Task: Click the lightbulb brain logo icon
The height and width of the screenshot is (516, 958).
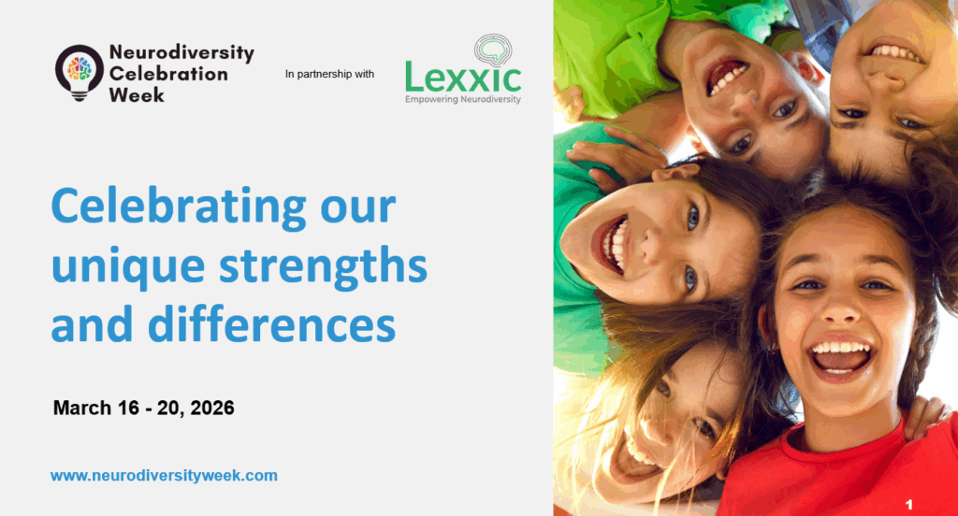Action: pos(80,72)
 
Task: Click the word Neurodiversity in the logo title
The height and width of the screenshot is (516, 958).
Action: pos(181,53)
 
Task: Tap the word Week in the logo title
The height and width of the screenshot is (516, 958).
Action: pos(137,94)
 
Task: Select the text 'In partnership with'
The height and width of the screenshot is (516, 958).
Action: pos(329,74)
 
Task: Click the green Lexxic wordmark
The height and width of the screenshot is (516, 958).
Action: pos(463,77)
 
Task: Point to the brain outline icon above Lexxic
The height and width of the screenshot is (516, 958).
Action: pos(493,50)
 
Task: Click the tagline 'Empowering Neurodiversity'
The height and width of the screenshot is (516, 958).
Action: pos(463,99)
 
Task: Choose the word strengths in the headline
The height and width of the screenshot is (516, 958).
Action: pos(323,266)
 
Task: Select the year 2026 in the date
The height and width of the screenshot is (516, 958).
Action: pos(212,408)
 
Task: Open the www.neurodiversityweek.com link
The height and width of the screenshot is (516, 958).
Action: pos(164,476)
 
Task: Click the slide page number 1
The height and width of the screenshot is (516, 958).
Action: pos(909,505)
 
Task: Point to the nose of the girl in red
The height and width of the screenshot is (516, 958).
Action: pos(841,308)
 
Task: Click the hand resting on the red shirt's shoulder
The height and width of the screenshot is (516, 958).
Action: pos(927,415)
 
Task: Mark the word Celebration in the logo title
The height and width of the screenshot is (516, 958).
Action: pos(168,74)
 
